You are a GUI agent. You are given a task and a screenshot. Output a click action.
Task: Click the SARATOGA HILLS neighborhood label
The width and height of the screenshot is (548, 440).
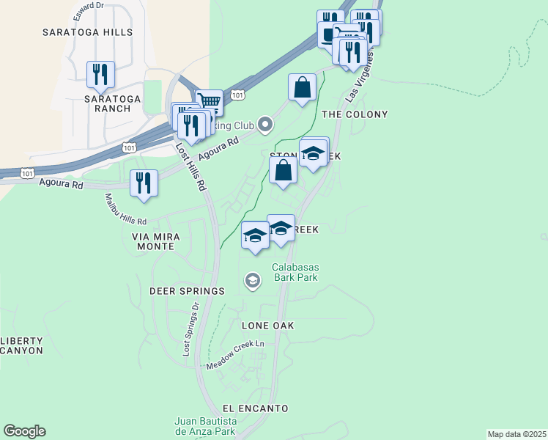[87, 32]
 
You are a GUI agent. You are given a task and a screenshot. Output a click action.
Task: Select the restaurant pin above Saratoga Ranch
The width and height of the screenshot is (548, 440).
[100, 75]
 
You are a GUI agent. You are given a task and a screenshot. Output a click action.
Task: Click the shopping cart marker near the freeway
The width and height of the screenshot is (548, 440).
[210, 101]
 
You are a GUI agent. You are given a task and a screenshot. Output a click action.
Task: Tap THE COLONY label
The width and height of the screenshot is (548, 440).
[355, 114]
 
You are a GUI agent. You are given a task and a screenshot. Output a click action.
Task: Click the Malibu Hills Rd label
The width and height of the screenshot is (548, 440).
[125, 208]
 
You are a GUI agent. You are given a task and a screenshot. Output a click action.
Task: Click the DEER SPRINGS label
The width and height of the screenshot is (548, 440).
[187, 291]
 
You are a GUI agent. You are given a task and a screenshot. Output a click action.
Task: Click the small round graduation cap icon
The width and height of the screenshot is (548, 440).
[253, 281]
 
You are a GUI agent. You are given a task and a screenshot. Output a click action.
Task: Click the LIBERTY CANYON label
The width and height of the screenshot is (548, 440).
[22, 345]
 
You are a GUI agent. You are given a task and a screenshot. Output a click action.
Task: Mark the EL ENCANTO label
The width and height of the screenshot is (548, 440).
[255, 408]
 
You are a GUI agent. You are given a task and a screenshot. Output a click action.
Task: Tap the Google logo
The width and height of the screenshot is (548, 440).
[25, 431]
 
